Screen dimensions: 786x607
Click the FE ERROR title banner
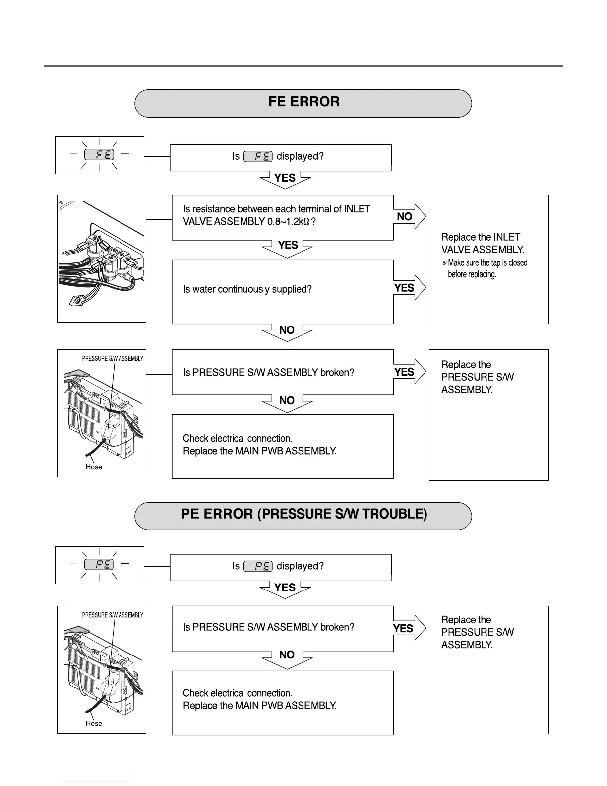point(303,103)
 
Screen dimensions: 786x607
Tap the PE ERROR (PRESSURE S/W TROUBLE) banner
point(303,515)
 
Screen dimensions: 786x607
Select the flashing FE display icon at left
point(99,155)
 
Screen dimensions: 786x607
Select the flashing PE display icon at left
point(99,565)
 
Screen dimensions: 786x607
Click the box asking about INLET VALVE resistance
point(282,217)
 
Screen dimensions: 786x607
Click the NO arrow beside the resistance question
point(410,216)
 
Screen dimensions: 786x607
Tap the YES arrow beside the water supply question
point(409,288)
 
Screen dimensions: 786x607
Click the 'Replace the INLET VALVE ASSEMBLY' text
point(483,243)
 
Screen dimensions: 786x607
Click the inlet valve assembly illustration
point(102,259)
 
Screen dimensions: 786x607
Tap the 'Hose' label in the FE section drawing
point(94,467)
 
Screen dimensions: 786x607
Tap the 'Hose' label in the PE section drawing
point(94,723)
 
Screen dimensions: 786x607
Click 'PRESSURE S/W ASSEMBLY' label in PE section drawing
point(113,615)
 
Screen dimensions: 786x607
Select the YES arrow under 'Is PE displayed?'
point(285,589)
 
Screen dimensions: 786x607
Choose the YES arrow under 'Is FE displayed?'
point(285,179)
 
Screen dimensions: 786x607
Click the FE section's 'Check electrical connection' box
point(282,446)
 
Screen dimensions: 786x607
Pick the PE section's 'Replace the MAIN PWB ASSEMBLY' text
point(260,706)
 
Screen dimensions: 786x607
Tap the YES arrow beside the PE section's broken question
point(408,628)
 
